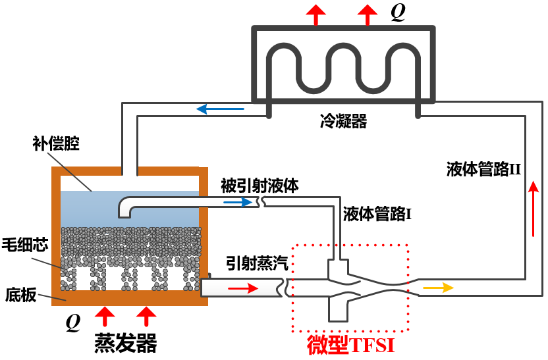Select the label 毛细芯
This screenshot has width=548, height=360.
[x=25, y=244]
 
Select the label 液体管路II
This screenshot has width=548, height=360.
[x=483, y=169]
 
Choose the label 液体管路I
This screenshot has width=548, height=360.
[x=377, y=213]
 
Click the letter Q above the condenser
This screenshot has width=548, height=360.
[x=398, y=14]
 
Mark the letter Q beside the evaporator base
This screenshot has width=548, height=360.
[x=73, y=322]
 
